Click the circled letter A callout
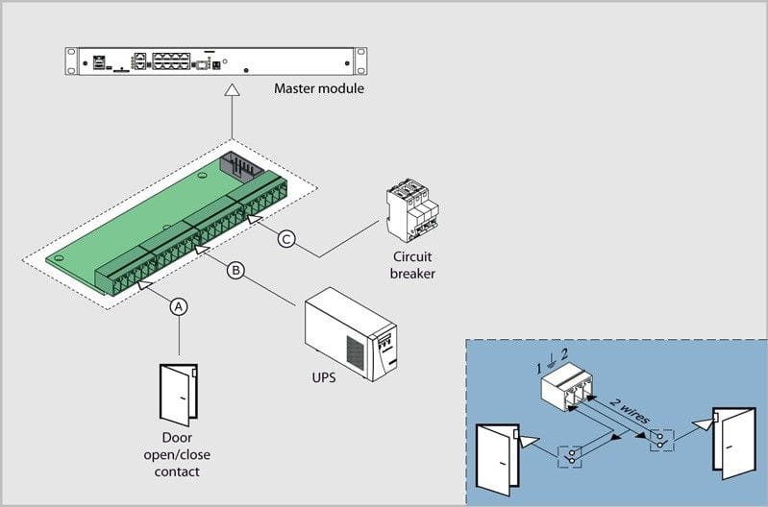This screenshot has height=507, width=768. click(x=179, y=307)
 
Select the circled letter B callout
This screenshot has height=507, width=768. click(x=235, y=270)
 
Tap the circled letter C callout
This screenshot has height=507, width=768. click(x=286, y=239)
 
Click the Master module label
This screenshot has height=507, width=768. click(x=319, y=88)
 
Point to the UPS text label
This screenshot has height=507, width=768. click(x=324, y=377)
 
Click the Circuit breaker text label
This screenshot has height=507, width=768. click(x=412, y=265)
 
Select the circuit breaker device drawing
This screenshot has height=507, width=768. click(x=412, y=210)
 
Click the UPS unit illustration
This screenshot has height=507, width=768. click(x=351, y=334)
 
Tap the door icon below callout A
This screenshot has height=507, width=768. click(x=179, y=395)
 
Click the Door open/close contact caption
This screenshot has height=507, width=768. click(x=177, y=454)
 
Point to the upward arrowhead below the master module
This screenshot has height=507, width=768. click(x=232, y=89)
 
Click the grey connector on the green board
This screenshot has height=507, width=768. click(x=239, y=164)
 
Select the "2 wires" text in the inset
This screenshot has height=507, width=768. click(x=630, y=411)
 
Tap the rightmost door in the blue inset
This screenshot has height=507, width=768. click(x=733, y=444)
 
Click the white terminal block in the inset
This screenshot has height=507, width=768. click(x=567, y=386)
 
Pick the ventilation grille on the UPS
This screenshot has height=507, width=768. click(x=355, y=352)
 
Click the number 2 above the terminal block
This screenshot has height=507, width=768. click(x=565, y=353)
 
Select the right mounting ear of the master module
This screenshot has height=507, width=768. click(x=360, y=61)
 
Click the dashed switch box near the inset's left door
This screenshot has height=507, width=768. click(x=570, y=457)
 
